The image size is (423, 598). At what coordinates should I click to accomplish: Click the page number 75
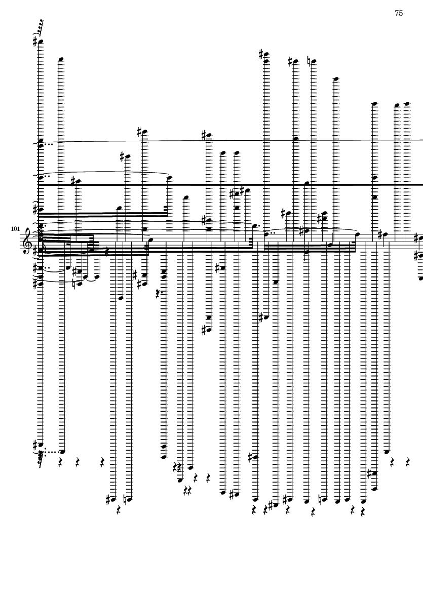(399, 13)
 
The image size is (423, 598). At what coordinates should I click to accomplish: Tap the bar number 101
(15, 229)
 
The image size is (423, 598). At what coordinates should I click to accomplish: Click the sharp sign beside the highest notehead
(34, 41)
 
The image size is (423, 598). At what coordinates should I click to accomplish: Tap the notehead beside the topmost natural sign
(314, 61)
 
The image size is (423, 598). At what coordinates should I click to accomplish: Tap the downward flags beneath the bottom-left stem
(40, 460)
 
